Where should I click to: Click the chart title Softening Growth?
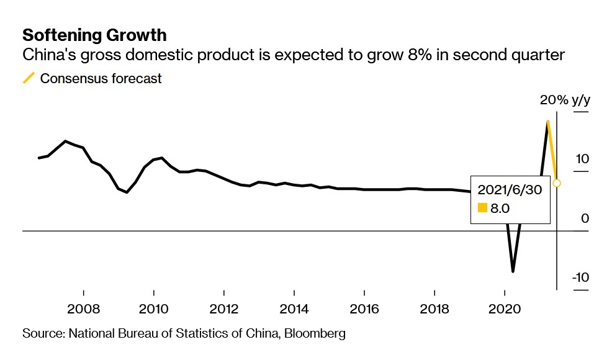94,34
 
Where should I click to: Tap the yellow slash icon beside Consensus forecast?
29,78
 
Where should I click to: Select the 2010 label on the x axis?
153,309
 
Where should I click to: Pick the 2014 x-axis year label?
294,309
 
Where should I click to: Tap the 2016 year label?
364,309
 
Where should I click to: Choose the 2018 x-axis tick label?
434,309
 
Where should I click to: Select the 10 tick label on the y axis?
582,159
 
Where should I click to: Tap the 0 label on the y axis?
584,218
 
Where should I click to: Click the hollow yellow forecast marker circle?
557,183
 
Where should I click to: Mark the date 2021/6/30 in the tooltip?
510,190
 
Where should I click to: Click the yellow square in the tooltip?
482,209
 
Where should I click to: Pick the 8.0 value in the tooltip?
500,209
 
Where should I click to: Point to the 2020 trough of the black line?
513,271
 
